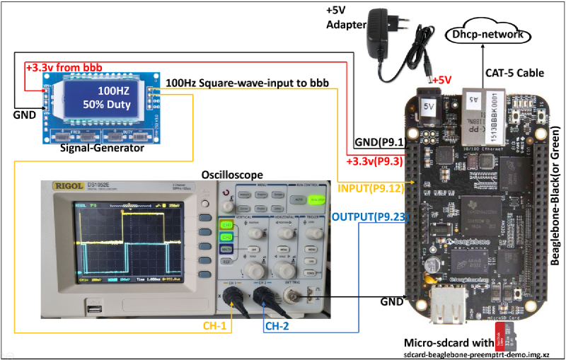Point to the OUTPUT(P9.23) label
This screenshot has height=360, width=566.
[370, 217]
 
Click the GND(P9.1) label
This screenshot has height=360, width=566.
[379, 143]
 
